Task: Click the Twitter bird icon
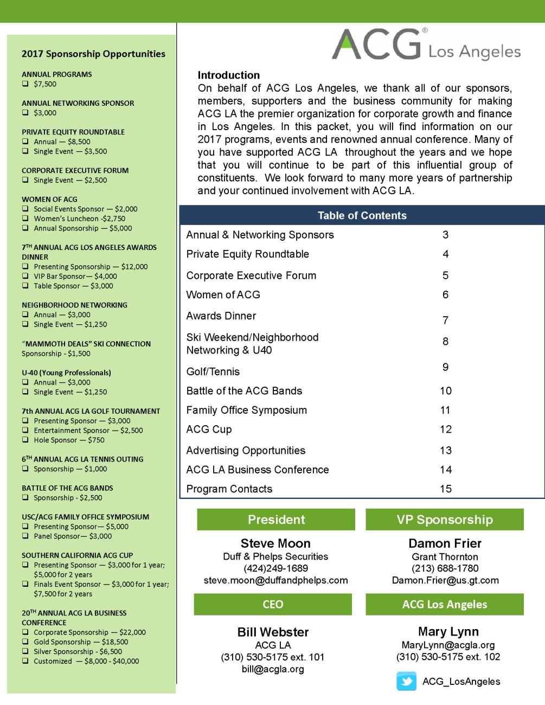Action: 406,682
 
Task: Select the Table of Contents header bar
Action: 362,215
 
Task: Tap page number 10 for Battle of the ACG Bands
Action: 445,391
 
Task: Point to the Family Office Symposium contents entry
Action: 246,410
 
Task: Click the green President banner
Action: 276,520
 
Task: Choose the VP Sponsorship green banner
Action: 445,520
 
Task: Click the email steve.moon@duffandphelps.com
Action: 275,580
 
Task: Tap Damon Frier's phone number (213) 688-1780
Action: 445,568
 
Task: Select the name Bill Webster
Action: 273,632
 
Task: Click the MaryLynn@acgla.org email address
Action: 448,645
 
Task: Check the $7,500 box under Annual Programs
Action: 25,84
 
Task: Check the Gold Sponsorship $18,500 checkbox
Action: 25,642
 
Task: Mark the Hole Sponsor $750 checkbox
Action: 25,440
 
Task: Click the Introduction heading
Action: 228,75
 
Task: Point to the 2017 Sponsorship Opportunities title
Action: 93,54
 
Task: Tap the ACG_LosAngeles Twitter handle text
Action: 461,682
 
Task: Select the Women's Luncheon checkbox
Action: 25,219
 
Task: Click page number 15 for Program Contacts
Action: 445,489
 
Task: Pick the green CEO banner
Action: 273,604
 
